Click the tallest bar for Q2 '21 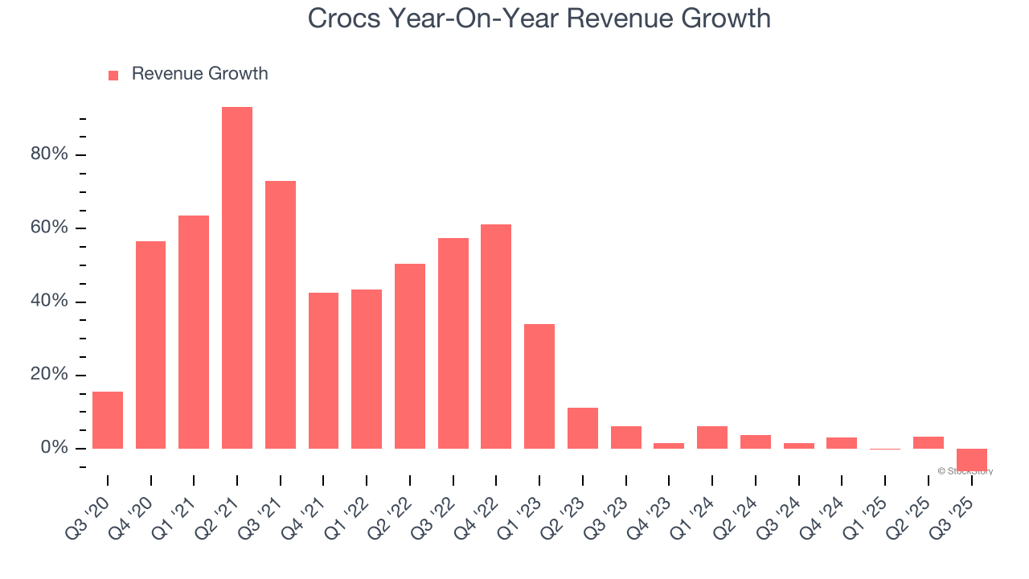(x=237, y=277)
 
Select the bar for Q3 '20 (x=108, y=420)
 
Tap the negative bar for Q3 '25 (x=971, y=459)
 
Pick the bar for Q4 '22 (x=496, y=336)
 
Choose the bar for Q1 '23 (x=539, y=386)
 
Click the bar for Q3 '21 (x=281, y=314)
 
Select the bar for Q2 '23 (x=583, y=428)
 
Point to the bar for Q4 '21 (x=323, y=370)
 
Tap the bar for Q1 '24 (x=712, y=437)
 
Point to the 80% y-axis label (x=49, y=154)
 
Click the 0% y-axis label (x=54, y=448)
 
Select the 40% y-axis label (x=49, y=302)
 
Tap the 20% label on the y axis (x=49, y=375)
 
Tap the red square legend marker (x=113, y=75)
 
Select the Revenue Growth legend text (x=199, y=74)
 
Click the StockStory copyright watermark (x=965, y=471)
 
